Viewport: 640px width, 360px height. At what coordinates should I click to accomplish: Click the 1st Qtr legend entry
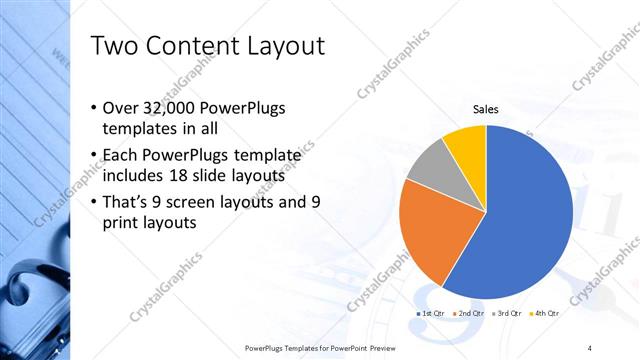tap(430, 315)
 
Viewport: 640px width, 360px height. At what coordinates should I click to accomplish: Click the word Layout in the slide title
tap(277, 46)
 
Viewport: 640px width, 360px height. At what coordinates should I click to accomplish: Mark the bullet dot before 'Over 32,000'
tap(94, 109)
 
